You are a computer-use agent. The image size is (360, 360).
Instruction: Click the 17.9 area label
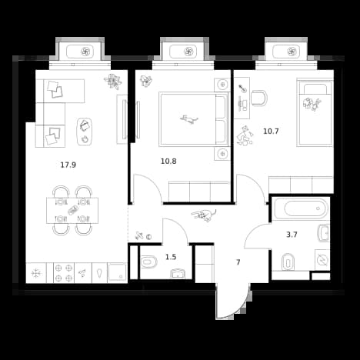tap(68, 165)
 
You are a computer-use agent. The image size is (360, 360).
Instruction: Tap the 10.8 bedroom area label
tap(168, 162)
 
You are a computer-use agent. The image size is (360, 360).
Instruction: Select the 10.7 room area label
tap(271, 132)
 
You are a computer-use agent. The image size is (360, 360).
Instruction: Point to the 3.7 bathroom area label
tap(292, 235)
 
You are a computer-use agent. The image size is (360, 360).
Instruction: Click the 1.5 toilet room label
tap(171, 257)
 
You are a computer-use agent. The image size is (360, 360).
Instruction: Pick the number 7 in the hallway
tap(238, 262)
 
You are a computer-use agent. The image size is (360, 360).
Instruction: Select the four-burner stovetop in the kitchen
tap(64, 273)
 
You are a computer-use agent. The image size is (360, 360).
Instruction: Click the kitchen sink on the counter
tap(117, 272)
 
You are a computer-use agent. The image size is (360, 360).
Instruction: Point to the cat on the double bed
tap(189, 119)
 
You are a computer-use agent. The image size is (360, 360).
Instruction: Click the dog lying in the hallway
tap(204, 215)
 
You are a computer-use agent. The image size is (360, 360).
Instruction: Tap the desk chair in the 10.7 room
tap(259, 98)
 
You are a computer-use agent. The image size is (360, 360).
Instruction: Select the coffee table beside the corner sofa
tap(85, 132)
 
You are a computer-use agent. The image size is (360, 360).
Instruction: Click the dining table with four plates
tap(72, 211)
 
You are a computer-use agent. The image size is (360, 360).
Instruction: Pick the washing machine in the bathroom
tap(322, 260)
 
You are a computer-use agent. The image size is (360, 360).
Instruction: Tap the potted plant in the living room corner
tap(113, 81)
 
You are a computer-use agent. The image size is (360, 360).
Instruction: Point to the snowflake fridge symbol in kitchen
tap(35, 273)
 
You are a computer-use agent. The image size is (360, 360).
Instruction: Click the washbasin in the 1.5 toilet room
tap(178, 273)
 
